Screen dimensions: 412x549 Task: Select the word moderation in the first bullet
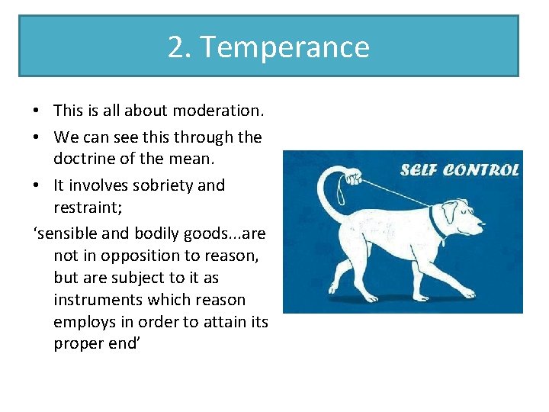tap(217, 111)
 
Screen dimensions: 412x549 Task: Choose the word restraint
tap(86, 208)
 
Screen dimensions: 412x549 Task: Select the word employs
tap(84, 322)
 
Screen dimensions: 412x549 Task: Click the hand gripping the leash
tap(352, 178)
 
